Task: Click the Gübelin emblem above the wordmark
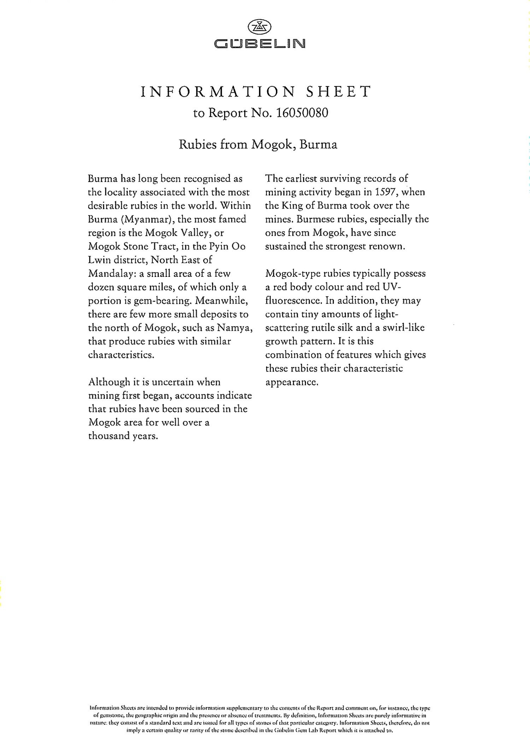pyautogui.click(x=259, y=27)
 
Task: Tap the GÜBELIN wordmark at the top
pyautogui.click(x=260, y=44)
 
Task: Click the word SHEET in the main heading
pyautogui.click(x=339, y=92)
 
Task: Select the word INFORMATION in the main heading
pyautogui.click(x=218, y=92)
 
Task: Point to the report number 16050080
pyautogui.click(x=302, y=113)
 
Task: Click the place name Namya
pyautogui.click(x=234, y=328)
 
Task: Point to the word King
pyautogui.click(x=291, y=206)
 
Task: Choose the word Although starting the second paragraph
pyautogui.click(x=109, y=382)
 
